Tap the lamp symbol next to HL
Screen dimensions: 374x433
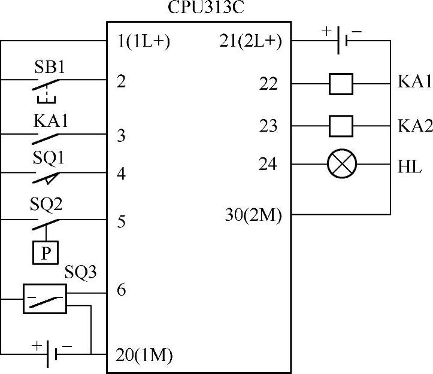343,164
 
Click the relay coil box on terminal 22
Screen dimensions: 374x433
341,84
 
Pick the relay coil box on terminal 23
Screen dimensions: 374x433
341,126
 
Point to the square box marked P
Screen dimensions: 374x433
46,254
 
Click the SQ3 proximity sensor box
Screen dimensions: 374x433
45,298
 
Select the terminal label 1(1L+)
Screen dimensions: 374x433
144,42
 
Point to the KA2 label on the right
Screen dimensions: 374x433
414,126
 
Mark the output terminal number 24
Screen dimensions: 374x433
269,165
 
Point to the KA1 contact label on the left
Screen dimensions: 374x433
50,120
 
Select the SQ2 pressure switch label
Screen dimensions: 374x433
46,204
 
